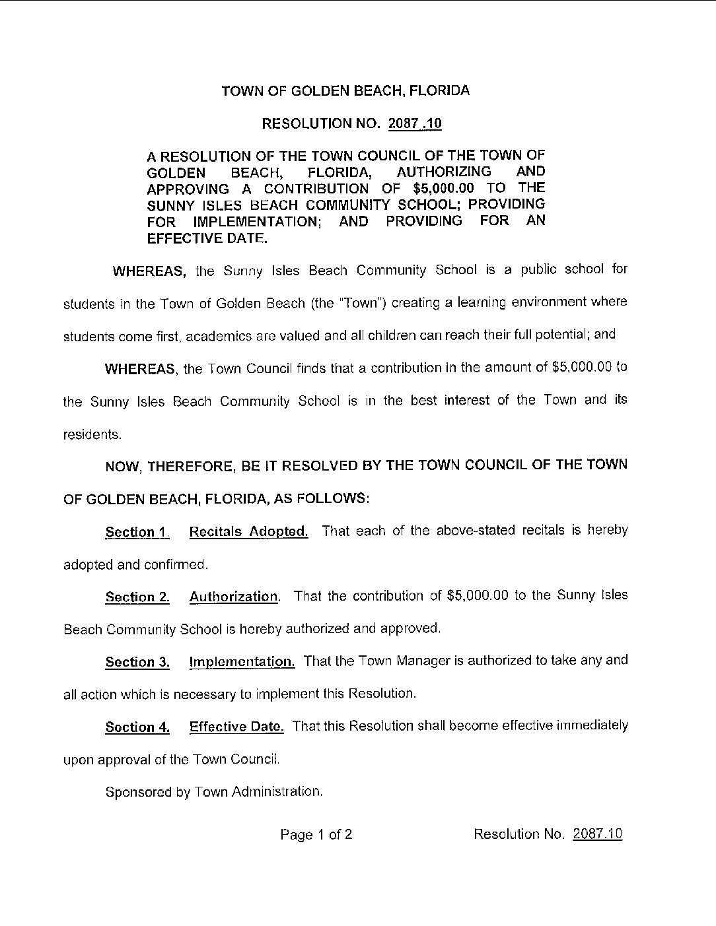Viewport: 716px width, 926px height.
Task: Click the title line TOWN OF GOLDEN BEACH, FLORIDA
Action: coord(345,91)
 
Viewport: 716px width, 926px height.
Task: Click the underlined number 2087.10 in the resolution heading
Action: coord(415,123)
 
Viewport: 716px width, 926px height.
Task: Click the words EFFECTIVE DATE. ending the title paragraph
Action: coord(207,238)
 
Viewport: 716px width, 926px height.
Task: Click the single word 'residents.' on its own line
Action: coord(92,435)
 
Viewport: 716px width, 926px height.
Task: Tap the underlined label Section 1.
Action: coord(137,533)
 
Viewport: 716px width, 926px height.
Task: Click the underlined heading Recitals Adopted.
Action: coord(248,532)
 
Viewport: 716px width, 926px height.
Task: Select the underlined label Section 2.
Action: coord(137,597)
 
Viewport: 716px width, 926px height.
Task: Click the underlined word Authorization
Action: coord(234,597)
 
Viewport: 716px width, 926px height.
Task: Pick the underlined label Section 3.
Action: coord(137,662)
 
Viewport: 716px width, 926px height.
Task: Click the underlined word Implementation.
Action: coord(242,661)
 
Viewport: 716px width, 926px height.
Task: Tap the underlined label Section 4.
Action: coord(137,727)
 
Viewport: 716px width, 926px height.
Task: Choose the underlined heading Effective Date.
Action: coord(236,727)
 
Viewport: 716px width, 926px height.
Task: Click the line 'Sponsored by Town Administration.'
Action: coord(214,791)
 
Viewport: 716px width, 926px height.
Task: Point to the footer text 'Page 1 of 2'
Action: coord(316,835)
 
